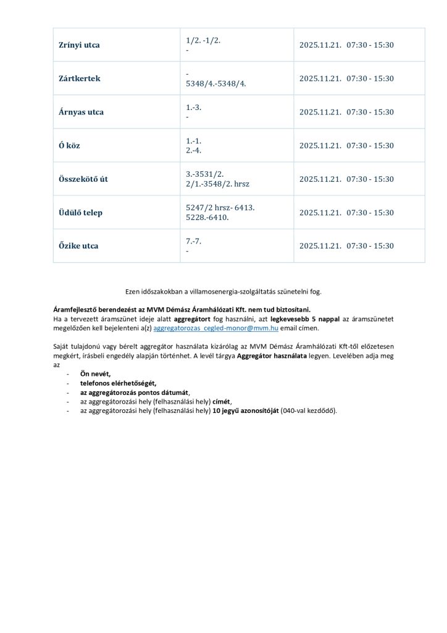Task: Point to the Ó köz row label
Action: [69, 146]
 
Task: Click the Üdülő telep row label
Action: [80, 213]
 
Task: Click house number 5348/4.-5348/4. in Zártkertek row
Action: [215, 83]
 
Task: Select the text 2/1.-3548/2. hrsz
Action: [217, 184]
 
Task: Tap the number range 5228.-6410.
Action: [207, 218]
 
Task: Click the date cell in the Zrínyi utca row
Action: [346, 45]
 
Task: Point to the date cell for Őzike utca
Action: [346, 246]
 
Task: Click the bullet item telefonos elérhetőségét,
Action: [117, 384]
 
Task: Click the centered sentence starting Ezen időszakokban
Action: [223, 291]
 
